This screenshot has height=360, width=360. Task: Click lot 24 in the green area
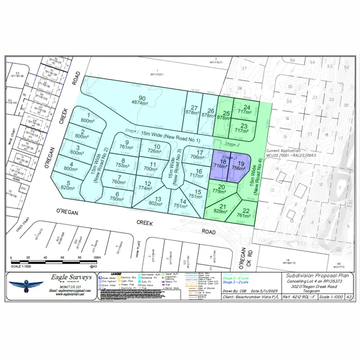(247, 110)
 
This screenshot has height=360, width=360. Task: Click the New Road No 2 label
(100, 163)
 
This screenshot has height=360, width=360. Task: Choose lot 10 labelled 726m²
(149, 149)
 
